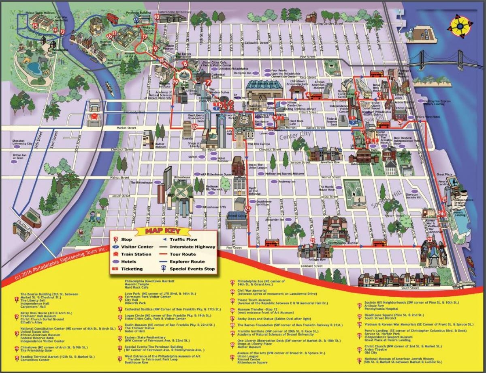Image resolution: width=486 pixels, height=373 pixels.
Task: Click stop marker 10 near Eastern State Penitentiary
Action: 157,17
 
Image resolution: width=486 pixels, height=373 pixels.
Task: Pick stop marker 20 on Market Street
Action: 194,127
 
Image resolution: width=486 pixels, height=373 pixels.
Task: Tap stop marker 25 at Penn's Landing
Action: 444,199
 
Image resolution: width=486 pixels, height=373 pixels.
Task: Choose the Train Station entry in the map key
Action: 136,254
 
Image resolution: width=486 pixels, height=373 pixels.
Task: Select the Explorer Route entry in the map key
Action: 187,262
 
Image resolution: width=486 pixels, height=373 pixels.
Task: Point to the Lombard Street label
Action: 312,266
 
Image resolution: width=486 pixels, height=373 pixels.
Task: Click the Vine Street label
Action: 311,57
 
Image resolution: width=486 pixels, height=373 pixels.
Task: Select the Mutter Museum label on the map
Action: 149,144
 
